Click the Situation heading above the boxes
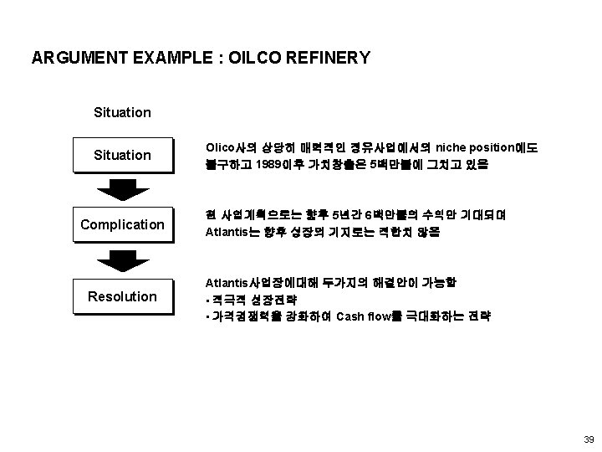[x=122, y=111]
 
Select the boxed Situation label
[x=122, y=155]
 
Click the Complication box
[x=122, y=224]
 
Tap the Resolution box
[x=122, y=296]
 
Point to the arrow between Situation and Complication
[x=122, y=189]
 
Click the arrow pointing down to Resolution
[x=122, y=260]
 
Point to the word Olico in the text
[x=222, y=148]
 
